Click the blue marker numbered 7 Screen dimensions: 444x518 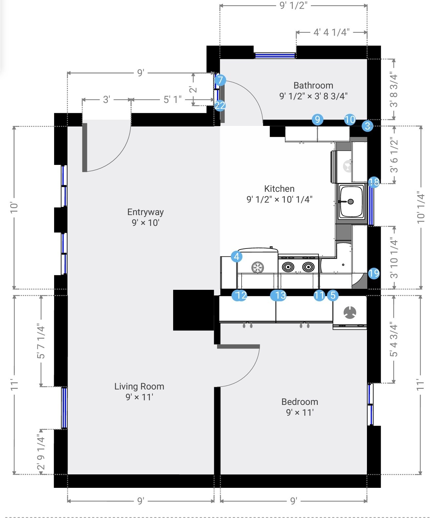point(220,80)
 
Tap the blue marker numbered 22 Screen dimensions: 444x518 point(220,105)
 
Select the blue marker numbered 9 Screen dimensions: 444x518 point(317,119)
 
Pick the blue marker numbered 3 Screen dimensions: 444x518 point(367,126)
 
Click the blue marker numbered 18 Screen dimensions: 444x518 point(374,182)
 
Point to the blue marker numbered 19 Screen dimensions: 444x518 point(374,273)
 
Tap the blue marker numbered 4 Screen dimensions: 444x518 point(236,256)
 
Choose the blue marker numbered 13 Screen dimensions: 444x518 point(278,295)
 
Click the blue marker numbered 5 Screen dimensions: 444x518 point(333,295)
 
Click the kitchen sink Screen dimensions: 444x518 point(351,201)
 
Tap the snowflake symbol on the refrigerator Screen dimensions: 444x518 point(257,267)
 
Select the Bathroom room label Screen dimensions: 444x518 point(313,85)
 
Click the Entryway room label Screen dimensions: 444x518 point(145,212)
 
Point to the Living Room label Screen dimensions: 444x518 point(139,386)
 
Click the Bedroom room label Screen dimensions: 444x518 point(300,402)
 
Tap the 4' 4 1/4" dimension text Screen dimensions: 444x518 point(332,32)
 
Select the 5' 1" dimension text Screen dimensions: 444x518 point(172,99)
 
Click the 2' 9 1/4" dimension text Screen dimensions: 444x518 point(41,452)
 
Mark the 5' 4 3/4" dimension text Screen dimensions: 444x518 point(394,340)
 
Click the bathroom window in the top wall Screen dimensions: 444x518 point(275,55)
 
